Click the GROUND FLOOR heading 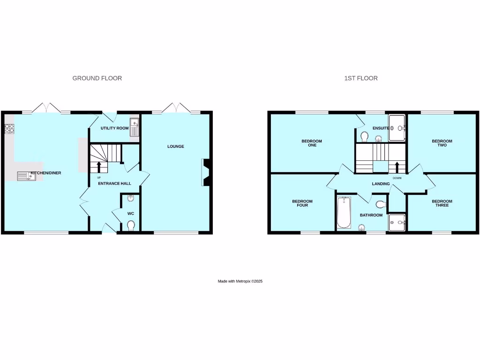97,78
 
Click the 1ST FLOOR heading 360,78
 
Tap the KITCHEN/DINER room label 46,173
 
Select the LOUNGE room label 176,147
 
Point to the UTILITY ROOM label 114,128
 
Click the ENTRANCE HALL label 114,184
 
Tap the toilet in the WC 130,226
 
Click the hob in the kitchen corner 9,128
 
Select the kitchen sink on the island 23,176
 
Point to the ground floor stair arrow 99,167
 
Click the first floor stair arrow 397,167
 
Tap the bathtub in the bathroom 343,213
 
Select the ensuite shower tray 398,127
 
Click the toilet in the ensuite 364,136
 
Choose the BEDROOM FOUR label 302,203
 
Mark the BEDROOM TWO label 442,143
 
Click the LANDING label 381,184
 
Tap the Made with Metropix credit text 240,281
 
